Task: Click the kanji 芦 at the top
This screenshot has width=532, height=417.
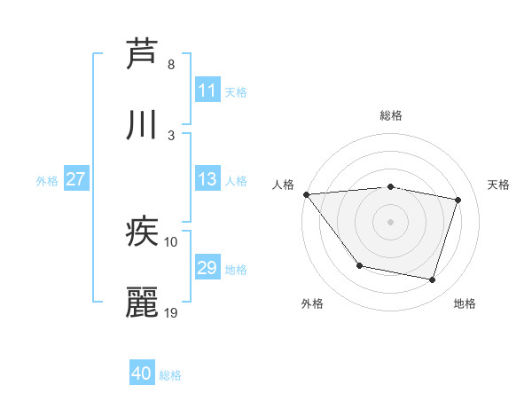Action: (142, 53)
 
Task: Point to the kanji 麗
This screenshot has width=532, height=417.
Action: (142, 303)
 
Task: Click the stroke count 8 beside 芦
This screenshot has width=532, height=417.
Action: (171, 65)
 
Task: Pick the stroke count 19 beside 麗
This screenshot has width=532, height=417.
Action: (172, 312)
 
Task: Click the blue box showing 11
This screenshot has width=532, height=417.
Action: (207, 90)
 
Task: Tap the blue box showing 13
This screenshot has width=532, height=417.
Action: (207, 179)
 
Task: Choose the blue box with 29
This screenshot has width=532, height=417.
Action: (207, 268)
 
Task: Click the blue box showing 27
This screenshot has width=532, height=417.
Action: (75, 179)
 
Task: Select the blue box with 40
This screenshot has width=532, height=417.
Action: (142, 374)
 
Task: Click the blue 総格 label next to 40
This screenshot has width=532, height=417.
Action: (170, 375)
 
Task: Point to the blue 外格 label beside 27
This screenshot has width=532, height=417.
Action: (47, 181)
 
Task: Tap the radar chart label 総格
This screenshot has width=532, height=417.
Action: (391, 115)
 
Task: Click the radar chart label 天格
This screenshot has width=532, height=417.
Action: (499, 185)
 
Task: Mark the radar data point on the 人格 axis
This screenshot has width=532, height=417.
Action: (306, 194)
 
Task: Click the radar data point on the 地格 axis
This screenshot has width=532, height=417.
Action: (433, 280)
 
